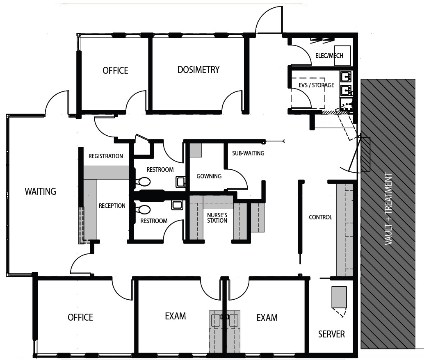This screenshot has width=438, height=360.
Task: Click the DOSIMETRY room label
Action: tap(198, 70)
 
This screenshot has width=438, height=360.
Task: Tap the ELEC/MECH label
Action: tap(326, 56)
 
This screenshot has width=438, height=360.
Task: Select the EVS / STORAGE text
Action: tap(316, 85)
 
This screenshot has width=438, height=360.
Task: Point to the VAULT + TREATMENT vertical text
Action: tap(389, 210)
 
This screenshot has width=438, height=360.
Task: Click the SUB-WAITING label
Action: tap(248, 153)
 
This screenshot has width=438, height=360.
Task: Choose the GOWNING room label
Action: tap(209, 176)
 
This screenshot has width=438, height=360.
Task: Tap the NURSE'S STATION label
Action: tap(217, 218)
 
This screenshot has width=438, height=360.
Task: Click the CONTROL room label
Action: tap(320, 217)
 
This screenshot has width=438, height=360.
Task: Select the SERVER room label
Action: tap(331, 334)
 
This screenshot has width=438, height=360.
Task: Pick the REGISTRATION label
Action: tap(106, 156)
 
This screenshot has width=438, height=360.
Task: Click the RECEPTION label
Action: tap(112, 206)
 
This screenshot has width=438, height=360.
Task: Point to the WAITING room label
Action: tap(40, 191)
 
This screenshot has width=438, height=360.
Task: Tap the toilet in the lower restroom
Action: tap(144, 210)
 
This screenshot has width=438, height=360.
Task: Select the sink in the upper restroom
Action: tap(180, 181)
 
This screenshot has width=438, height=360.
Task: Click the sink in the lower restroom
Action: tap(177, 205)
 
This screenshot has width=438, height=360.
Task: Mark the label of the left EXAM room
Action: tap(175, 316)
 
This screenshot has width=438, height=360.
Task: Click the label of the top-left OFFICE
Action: tap(115, 71)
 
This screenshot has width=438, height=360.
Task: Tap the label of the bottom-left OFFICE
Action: tap(80, 317)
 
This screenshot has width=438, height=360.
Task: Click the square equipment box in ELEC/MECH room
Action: tap(342, 56)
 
